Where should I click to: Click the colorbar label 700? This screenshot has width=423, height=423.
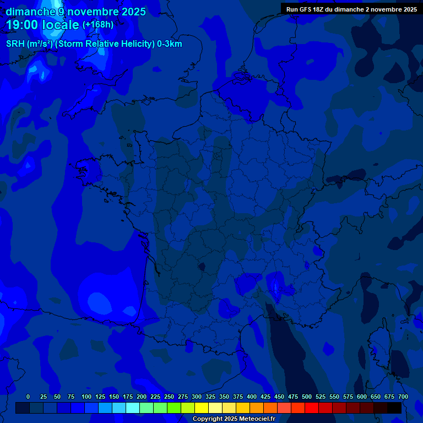[403, 397]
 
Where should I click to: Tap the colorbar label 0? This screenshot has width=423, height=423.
[28, 397]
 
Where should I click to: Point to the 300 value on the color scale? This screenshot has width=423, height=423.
[197, 397]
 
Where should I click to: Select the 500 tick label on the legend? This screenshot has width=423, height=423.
[307, 397]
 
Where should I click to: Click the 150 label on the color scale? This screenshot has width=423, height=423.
[114, 397]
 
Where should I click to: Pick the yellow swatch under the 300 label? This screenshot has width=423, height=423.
[202, 408]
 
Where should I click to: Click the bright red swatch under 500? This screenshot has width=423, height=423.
[312, 408]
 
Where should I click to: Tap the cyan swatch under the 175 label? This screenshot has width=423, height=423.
[133, 408]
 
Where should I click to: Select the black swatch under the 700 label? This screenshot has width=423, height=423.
[394, 408]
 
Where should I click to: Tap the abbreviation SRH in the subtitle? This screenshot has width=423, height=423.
[15, 44]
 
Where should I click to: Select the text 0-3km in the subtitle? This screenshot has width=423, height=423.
[170, 44]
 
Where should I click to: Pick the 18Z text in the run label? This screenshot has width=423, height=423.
[318, 9]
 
